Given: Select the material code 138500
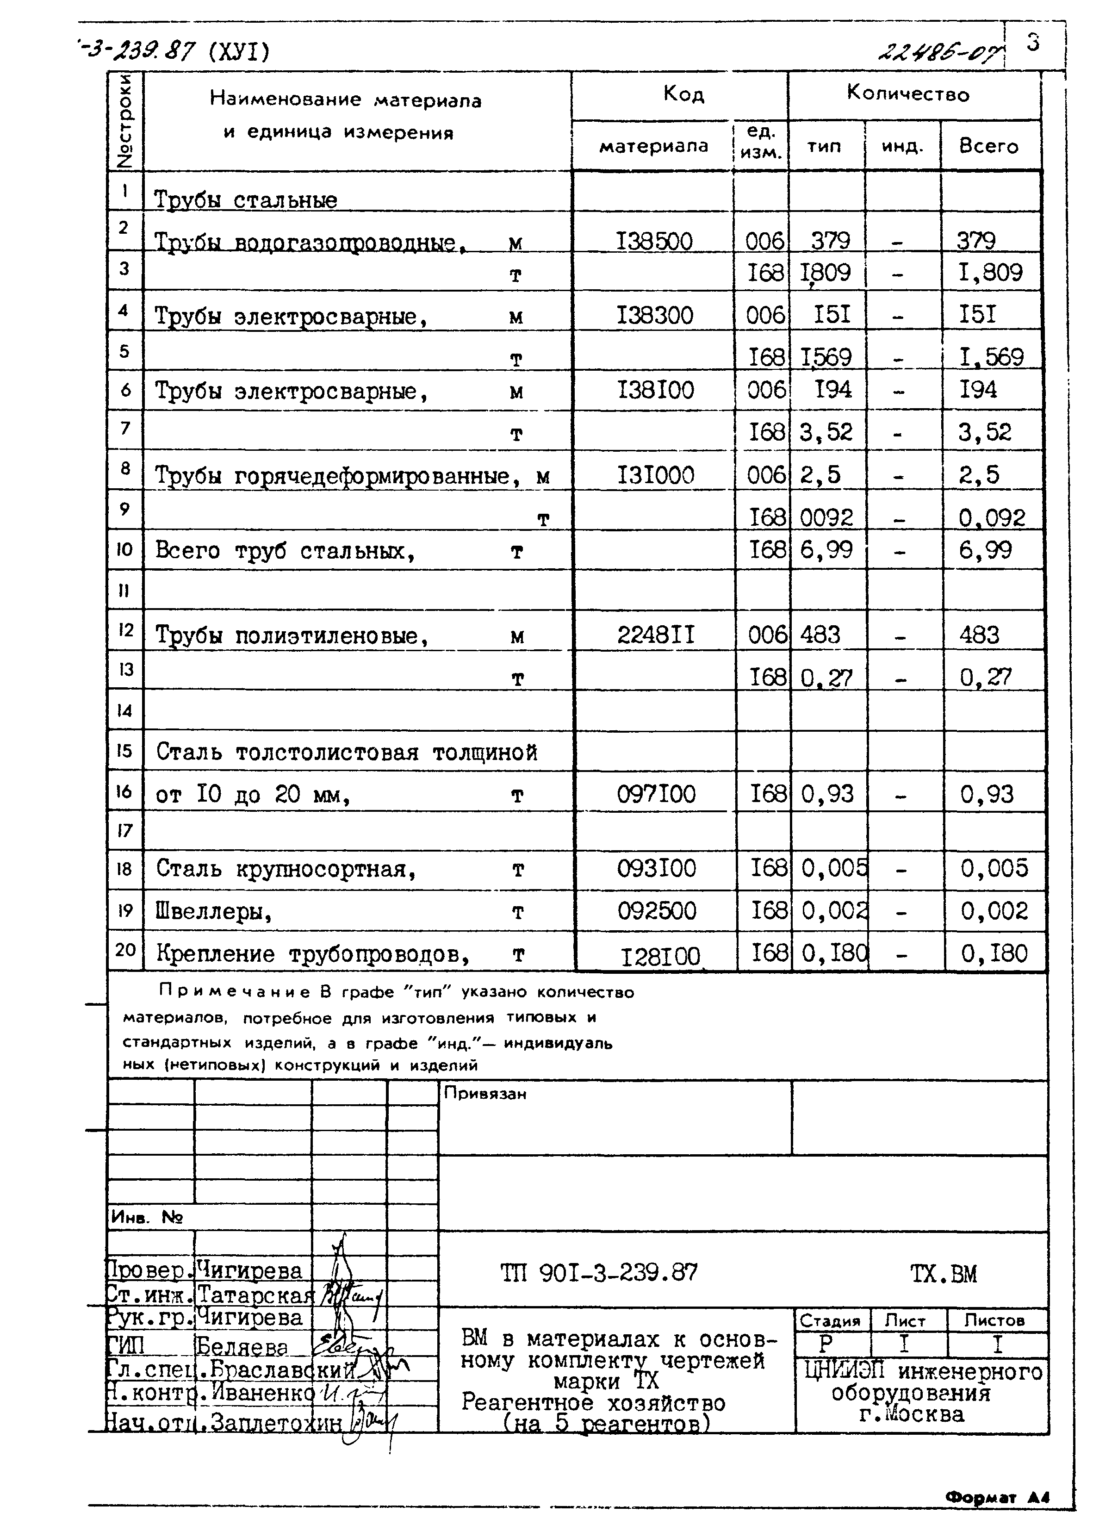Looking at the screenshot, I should coord(654,241).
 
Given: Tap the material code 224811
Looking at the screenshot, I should coord(656,634).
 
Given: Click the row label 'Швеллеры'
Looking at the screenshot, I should coord(214,912).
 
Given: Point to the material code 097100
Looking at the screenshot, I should coord(656,794).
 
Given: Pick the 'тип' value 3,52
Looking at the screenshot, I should coord(826,431).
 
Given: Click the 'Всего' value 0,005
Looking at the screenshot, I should coord(994,868).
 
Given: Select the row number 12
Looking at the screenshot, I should coord(125,630).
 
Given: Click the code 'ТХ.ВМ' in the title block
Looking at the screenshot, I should coord(943,1274).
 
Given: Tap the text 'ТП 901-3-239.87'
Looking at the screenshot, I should coord(599,1273).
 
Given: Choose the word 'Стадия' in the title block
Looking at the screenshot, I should coord(830,1321).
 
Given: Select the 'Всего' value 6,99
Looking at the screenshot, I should coord(985,550).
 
